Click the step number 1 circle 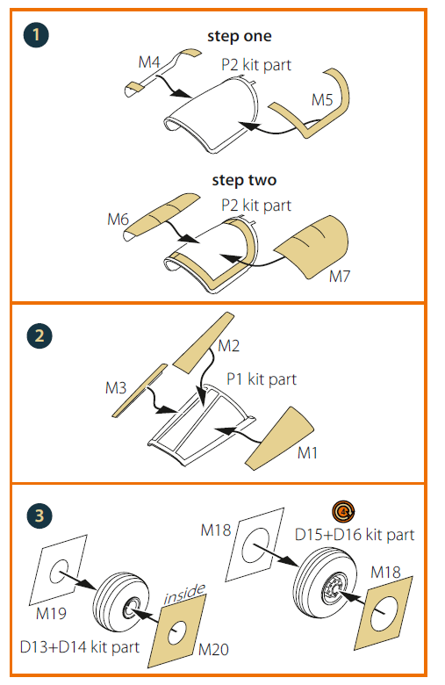pos(36,34)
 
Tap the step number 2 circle pos(39,335)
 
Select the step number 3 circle pos(39,516)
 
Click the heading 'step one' pos(240,36)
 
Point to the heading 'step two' pos(244,180)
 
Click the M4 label pos(149,62)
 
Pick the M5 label pos(322,99)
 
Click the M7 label pos(340,276)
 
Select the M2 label pos(229,346)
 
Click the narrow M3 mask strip pos(140,390)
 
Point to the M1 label pos(307,453)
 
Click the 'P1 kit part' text pos(262,379)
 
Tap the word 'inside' pos(184,594)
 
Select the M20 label pos(213,650)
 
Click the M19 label pos(51,613)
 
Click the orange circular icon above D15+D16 pos(343,511)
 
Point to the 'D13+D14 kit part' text pos(80,647)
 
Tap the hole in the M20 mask pos(177,631)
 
